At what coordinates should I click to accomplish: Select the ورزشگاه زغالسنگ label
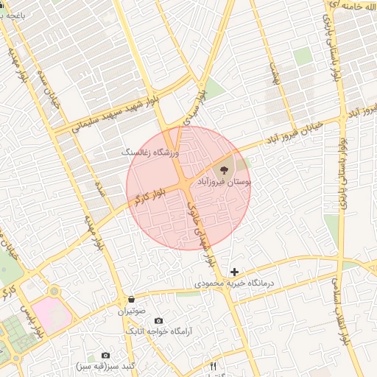point(151,152)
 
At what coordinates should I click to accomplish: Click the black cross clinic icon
point(235,272)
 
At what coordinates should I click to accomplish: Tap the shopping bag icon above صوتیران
point(131,299)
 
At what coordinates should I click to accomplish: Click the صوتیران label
point(131,311)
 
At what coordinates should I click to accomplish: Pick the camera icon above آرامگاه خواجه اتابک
point(158,321)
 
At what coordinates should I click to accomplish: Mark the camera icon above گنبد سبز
point(105,355)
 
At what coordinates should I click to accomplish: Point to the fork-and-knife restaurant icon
point(214,365)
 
